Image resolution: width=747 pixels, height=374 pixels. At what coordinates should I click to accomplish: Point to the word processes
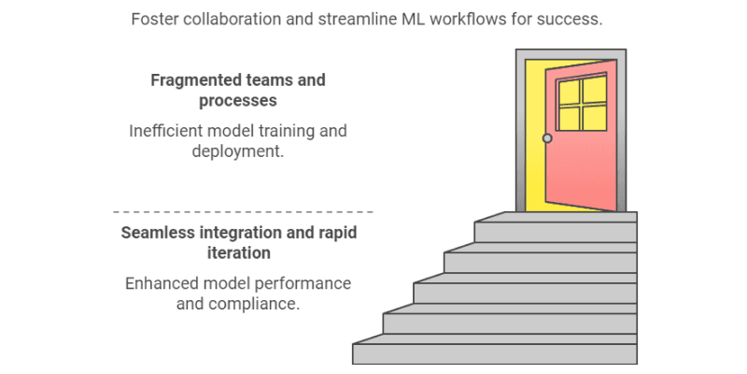[x=238, y=101]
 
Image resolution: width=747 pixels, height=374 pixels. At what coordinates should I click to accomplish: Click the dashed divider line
[x=243, y=212]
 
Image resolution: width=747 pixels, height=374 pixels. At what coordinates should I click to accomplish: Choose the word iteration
[x=239, y=253]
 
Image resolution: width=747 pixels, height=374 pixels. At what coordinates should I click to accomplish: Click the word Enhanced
[x=160, y=283]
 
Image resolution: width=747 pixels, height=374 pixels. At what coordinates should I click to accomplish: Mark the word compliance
[x=257, y=304]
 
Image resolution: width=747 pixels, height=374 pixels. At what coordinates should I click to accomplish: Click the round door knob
[x=547, y=138]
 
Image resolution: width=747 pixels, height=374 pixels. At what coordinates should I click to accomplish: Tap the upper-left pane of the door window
[x=568, y=90]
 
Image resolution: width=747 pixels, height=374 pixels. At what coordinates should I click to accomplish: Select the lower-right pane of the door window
[x=594, y=116]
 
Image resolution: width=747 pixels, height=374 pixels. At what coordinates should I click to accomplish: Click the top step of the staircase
[x=555, y=228]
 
